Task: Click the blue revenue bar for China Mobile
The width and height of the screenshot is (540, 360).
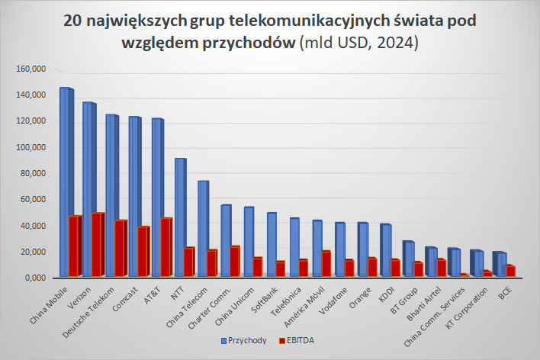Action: tap(64, 183)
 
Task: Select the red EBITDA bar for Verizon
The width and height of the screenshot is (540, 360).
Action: tap(97, 245)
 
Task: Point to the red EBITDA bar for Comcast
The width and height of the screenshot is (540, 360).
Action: tap(143, 252)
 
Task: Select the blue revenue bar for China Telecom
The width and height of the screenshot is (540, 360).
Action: tap(202, 229)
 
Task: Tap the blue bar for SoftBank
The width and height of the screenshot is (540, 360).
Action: tap(271, 245)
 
